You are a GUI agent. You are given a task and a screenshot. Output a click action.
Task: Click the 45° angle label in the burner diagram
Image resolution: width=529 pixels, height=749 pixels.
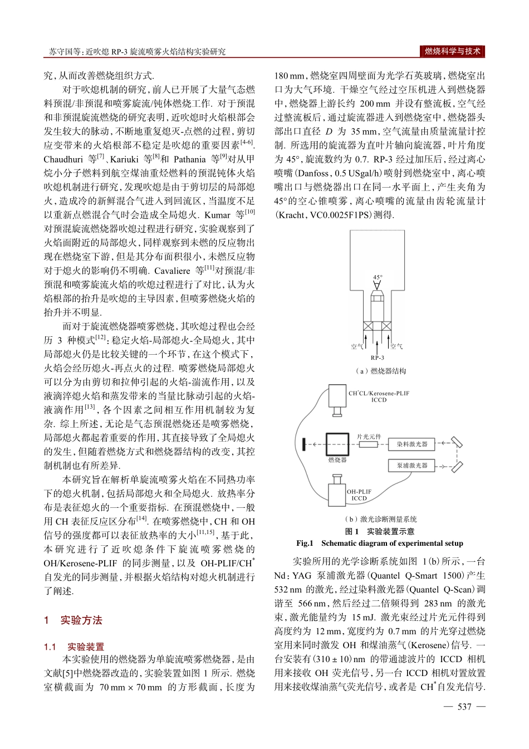(x=378, y=277)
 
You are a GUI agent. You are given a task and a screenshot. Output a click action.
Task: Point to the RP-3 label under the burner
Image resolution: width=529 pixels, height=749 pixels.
(x=377, y=358)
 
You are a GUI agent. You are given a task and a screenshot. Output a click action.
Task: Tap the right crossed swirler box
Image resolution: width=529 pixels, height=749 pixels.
(x=387, y=327)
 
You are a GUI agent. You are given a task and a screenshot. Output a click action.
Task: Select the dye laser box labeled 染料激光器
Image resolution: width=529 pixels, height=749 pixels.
(x=412, y=444)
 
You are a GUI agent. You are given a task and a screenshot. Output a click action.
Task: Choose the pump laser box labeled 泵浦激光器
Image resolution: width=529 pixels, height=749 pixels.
(x=412, y=465)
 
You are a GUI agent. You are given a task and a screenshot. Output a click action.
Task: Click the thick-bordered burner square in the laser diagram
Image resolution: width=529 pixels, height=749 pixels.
(x=337, y=444)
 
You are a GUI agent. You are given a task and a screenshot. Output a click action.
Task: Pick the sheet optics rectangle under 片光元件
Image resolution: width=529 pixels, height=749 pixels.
(x=368, y=444)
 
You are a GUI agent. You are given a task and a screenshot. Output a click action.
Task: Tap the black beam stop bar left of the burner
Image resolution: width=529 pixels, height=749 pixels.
(x=303, y=444)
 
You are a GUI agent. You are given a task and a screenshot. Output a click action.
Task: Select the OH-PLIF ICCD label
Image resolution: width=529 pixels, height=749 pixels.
(x=359, y=495)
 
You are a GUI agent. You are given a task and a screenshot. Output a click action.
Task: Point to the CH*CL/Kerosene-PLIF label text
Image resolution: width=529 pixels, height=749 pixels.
(x=379, y=393)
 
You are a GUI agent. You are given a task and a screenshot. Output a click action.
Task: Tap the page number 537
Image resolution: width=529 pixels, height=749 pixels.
(x=464, y=707)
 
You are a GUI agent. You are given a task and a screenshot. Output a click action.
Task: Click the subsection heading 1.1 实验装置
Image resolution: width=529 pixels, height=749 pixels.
(x=74, y=647)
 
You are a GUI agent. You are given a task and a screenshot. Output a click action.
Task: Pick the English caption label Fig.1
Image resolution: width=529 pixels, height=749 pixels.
(x=305, y=543)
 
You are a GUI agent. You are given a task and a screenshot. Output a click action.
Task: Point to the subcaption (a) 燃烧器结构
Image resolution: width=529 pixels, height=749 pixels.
(x=380, y=371)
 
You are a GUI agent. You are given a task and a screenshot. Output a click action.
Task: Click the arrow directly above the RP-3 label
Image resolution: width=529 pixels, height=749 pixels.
(x=378, y=342)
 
